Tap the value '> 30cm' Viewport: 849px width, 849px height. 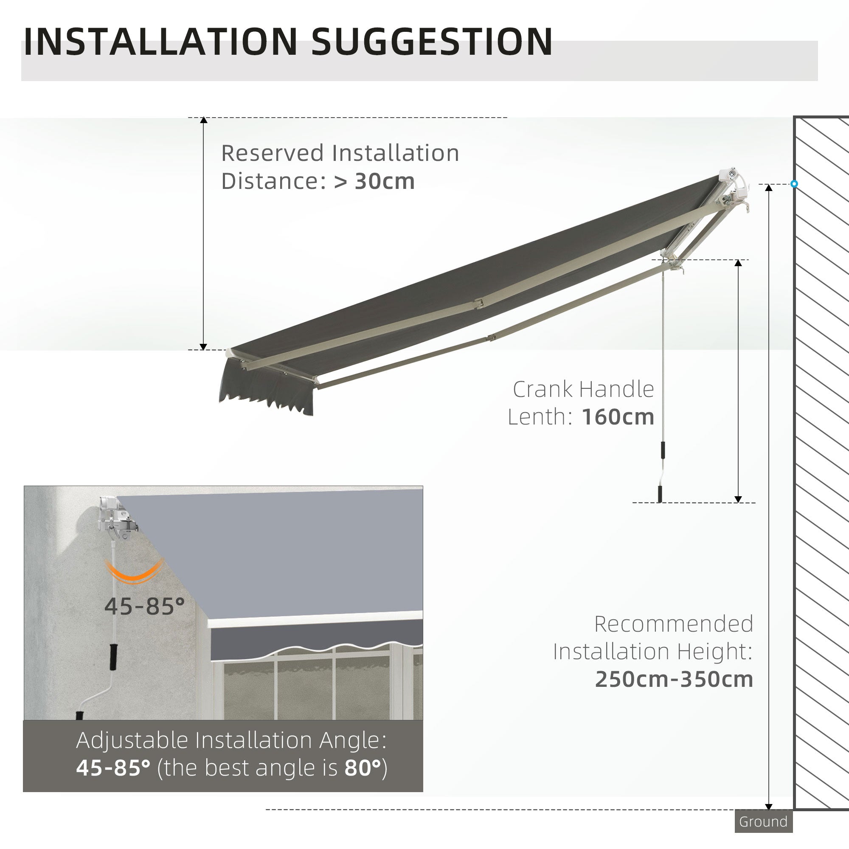[x=374, y=181]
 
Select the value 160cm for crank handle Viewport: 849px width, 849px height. [x=618, y=416]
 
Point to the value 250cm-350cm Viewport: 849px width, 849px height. [x=674, y=679]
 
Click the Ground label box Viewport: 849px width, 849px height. [x=763, y=821]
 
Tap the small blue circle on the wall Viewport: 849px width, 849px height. [x=794, y=184]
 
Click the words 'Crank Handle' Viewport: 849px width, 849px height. [x=583, y=389]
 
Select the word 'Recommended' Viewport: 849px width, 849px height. [x=673, y=624]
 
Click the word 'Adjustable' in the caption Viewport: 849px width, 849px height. [x=132, y=740]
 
